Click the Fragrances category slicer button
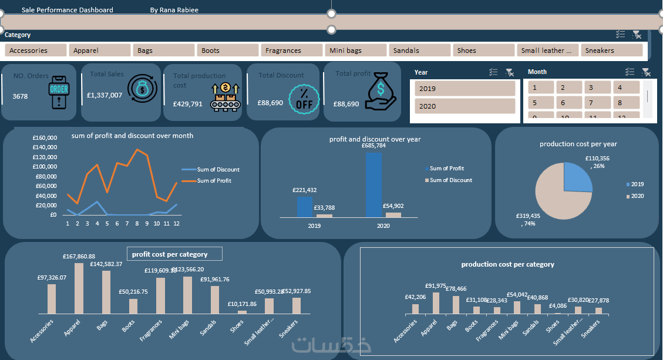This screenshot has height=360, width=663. (x=291, y=51)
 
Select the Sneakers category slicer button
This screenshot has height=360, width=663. (x=612, y=51)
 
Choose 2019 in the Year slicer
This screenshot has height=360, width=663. (x=465, y=89)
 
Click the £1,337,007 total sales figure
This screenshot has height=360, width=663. (x=105, y=95)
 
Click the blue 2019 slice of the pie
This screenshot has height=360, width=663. (x=576, y=177)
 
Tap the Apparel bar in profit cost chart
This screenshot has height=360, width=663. (x=79, y=288)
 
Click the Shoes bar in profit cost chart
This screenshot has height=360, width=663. (x=242, y=312)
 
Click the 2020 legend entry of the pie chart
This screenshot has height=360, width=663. (x=637, y=196)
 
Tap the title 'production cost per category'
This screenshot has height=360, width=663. (x=507, y=264)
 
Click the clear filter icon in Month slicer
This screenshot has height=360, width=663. (x=646, y=72)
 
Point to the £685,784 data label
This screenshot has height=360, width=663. (x=373, y=146)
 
